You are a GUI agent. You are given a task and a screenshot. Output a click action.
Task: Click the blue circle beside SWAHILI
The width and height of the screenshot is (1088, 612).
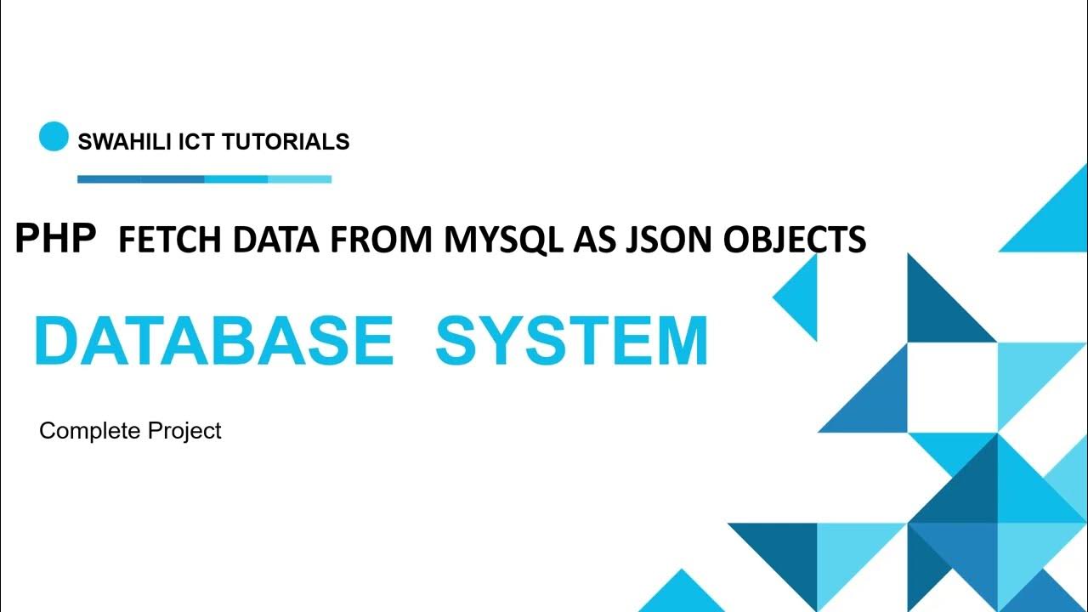coord(54,137)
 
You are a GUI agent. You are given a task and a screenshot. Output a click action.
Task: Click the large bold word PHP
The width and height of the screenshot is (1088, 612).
coord(55,240)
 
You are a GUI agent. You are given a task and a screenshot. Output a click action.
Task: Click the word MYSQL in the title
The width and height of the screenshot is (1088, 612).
coord(503,241)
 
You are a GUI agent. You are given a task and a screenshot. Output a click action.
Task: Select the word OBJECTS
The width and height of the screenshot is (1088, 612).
coord(794,241)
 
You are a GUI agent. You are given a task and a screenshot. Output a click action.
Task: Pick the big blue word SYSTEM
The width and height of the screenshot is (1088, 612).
coord(571,342)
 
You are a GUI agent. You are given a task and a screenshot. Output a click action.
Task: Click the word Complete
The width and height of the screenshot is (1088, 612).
coord(89,431)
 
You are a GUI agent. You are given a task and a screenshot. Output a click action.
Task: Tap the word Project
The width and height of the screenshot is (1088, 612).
coord(184,431)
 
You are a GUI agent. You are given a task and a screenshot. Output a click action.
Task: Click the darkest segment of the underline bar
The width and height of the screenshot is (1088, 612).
coord(109,179)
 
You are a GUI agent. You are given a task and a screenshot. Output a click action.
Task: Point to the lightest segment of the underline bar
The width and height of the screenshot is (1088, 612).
coord(299,179)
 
